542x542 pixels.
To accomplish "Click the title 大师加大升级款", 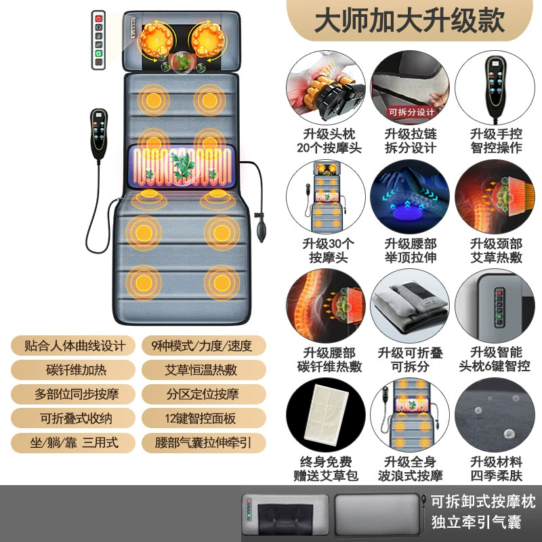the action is click(x=409, y=21).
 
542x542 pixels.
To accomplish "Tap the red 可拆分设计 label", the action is click(x=411, y=112).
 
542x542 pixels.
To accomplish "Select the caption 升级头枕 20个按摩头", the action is click(x=329, y=141).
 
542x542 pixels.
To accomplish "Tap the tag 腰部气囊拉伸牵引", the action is click(x=203, y=443).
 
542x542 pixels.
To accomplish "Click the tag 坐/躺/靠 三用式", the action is click(x=74, y=443).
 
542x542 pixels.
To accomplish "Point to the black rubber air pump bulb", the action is click(x=261, y=232).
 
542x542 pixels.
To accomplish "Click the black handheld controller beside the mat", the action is click(x=99, y=133).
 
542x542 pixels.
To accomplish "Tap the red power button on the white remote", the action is click(x=98, y=19).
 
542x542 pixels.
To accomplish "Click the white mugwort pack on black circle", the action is click(x=326, y=415).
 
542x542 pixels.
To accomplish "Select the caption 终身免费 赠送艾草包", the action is click(x=326, y=468).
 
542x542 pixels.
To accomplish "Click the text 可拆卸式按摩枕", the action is click(x=482, y=502).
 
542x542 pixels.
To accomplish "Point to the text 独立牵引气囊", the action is click(x=476, y=522).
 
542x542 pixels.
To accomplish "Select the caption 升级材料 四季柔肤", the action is click(x=496, y=468).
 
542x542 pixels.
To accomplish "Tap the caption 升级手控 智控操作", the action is click(x=496, y=141).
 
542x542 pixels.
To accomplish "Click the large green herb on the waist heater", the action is click(x=182, y=165).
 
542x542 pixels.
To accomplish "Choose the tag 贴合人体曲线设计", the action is click(x=74, y=346).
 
